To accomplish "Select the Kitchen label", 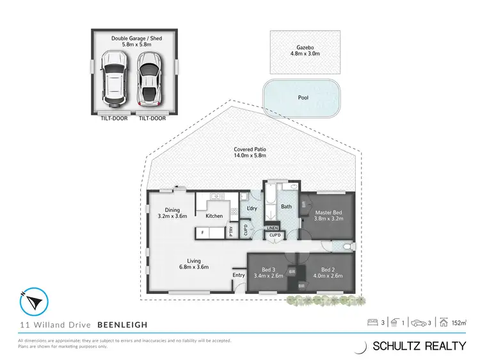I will pyautogui.click(x=214, y=216).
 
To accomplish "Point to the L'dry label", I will pyautogui.click(x=252, y=209).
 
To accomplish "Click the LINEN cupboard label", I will pyautogui.click(x=273, y=228).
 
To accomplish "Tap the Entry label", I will pyautogui.click(x=238, y=275).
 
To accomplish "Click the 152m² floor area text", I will pyautogui.click(x=458, y=323).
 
